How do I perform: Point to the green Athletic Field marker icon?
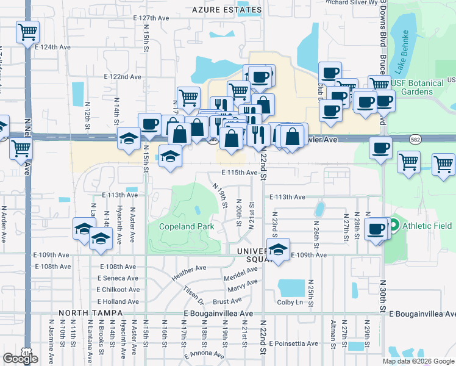(x=394, y=226)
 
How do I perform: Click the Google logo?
(x=20, y=359)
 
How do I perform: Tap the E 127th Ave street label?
(x=151, y=18)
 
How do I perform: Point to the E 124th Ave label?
(x=53, y=46)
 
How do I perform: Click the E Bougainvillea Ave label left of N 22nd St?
(x=218, y=313)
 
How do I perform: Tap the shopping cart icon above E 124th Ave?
(x=27, y=32)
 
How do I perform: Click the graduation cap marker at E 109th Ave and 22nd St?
(x=278, y=250)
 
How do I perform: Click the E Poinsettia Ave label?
(x=293, y=343)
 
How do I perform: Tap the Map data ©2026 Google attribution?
(x=418, y=361)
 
